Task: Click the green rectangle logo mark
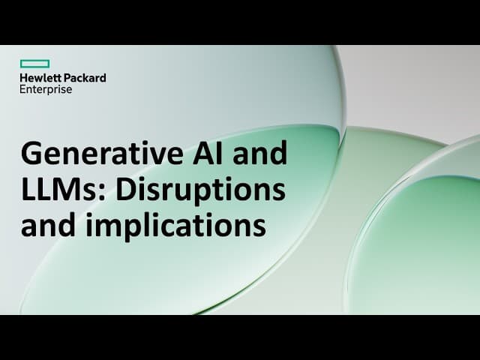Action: tap(34, 64)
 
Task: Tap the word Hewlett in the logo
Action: tap(40, 77)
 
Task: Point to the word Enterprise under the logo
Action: tap(46, 89)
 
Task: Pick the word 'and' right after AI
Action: tap(259, 154)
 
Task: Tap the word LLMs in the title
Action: tap(60, 189)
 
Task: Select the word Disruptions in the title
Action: tap(200, 189)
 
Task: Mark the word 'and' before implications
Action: tap(50, 225)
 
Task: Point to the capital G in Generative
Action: tap(31, 154)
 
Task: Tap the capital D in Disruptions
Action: tap(123, 189)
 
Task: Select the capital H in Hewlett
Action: tap(24, 77)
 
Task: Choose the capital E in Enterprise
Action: tap(23, 89)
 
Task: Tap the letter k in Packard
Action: tap(88, 77)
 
